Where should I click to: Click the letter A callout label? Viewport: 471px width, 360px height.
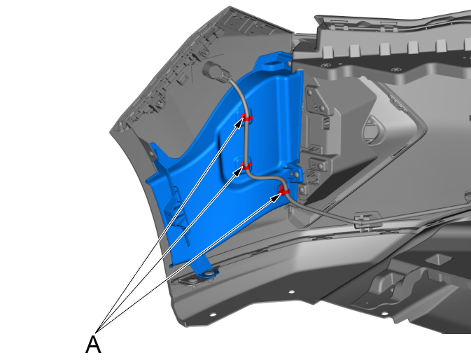point(93,345)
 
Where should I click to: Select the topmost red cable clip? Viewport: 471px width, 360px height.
point(247,118)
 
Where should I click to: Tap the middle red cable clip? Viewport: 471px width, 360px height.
point(246,166)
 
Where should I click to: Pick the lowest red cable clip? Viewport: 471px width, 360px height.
point(283,191)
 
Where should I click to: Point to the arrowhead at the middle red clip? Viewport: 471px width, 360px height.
point(239,172)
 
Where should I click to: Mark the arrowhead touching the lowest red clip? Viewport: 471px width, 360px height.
point(276,197)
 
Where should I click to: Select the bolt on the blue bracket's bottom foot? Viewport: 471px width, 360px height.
point(207,273)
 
